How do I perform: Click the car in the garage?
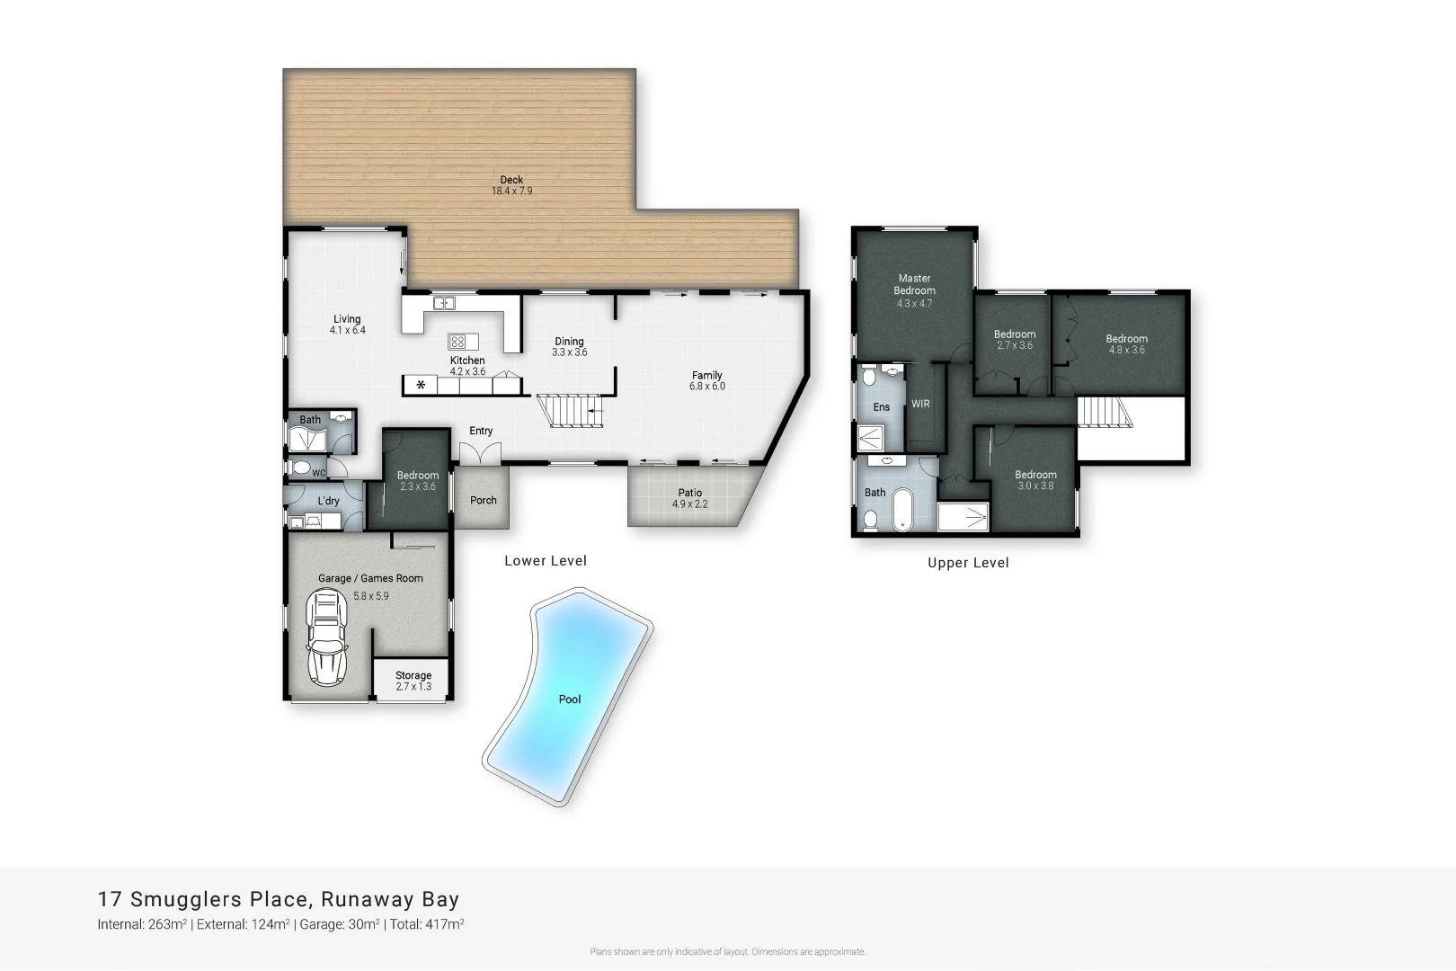pos(325,638)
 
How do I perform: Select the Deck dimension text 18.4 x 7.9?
pos(511,191)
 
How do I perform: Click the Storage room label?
pos(413,675)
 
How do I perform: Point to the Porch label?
pos(484,501)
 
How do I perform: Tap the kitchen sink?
pos(445,304)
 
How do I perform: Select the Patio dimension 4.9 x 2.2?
pos(690,504)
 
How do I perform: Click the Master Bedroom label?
pos(914,284)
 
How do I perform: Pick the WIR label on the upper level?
pos(920,405)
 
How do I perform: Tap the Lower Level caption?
pos(546,561)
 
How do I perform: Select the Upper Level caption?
pos(968,563)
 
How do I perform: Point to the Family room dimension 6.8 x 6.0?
pos(707,387)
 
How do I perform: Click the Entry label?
pos(481,432)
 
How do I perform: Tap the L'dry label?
pos(328,501)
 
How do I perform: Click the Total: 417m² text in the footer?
pos(428,924)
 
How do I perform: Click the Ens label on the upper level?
pos(882,407)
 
